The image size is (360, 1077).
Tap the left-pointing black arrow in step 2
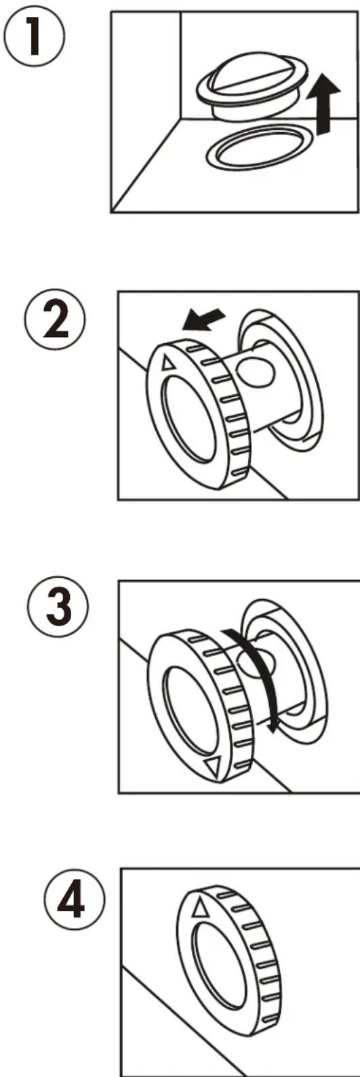(203, 320)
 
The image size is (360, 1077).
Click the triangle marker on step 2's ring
(168, 363)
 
